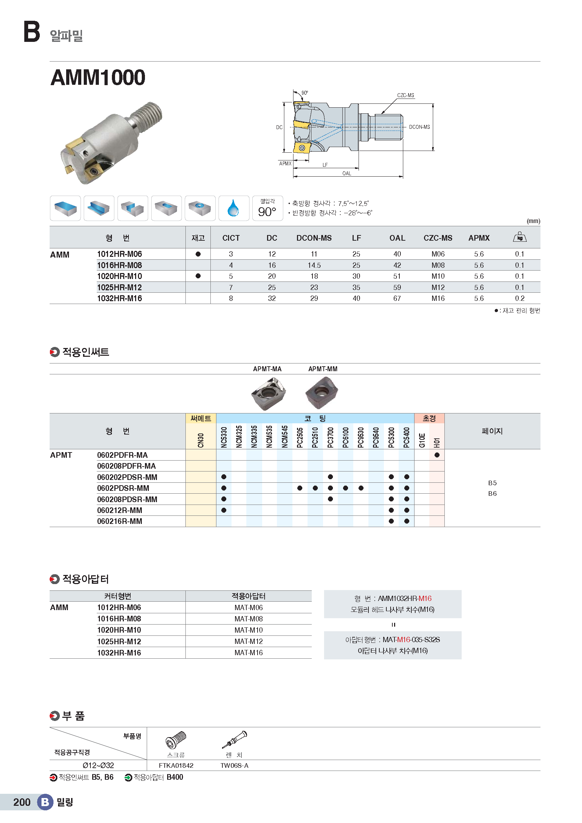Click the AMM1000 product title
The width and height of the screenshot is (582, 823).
(x=98, y=77)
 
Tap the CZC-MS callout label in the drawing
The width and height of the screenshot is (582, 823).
(x=405, y=95)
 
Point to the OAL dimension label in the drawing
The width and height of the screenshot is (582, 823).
(x=347, y=173)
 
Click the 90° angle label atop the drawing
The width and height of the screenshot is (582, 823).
(x=305, y=93)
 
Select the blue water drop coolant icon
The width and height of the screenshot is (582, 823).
(x=233, y=208)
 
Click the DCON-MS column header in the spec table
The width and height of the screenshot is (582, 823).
(x=314, y=238)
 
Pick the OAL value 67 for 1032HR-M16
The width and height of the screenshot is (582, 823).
(x=397, y=298)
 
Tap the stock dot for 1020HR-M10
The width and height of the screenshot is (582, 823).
(x=198, y=276)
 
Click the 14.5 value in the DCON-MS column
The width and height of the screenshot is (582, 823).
(x=314, y=265)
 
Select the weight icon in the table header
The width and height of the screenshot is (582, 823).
(x=520, y=237)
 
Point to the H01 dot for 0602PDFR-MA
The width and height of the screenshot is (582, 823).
(x=437, y=455)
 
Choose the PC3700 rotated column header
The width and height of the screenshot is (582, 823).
(x=330, y=437)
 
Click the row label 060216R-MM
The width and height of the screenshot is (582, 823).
(x=120, y=521)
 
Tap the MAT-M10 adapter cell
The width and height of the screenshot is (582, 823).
(x=248, y=630)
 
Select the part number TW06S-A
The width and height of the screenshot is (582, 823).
(x=234, y=766)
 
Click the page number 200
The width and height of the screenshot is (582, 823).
(x=22, y=802)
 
